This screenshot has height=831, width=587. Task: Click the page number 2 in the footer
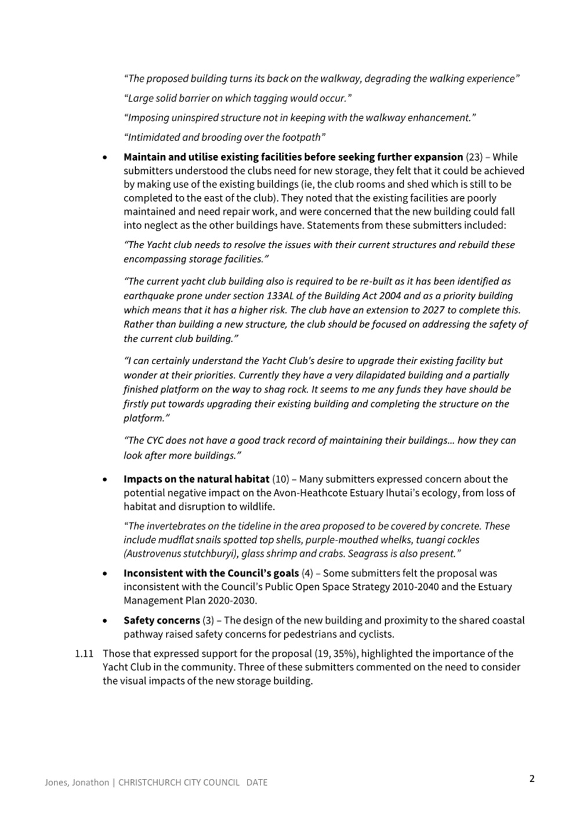click(531, 779)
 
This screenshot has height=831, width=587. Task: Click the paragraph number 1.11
click(84, 654)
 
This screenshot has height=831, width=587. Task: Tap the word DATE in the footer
click(256, 782)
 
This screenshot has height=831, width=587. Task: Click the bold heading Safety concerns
click(161, 620)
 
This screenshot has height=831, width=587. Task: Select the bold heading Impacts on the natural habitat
click(196, 480)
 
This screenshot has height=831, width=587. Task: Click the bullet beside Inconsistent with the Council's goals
click(104, 574)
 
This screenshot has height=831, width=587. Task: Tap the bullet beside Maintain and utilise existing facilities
click(104, 157)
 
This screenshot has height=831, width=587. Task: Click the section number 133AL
click(281, 296)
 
